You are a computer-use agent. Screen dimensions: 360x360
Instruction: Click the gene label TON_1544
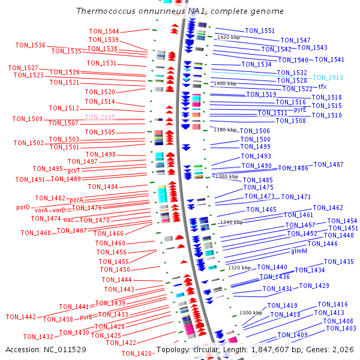(104, 31)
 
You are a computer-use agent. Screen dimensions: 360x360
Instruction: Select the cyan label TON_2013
(328, 77)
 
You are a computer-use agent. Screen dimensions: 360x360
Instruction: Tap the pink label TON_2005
(100, 117)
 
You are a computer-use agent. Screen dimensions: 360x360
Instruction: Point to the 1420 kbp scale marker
(229, 37)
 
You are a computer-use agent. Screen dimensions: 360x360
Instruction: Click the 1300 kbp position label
(251, 313)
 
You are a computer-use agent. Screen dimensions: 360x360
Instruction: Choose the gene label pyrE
(300, 110)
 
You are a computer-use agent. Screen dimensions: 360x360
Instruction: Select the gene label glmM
(299, 251)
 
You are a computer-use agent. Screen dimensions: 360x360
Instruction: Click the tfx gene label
(322, 86)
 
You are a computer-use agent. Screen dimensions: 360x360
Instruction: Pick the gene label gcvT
(73, 170)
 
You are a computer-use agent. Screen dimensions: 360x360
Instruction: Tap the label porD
(23, 208)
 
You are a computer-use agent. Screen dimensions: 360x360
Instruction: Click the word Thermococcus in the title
(106, 11)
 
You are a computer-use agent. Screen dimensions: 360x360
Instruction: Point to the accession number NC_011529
(65, 350)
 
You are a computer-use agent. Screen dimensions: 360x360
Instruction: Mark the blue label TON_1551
(260, 31)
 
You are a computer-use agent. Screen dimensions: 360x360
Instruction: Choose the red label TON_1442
(21, 317)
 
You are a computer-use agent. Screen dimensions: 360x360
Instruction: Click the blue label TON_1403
(341, 328)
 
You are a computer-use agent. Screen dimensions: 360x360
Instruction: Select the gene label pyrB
(86, 317)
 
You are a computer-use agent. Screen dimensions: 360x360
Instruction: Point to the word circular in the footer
(205, 350)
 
